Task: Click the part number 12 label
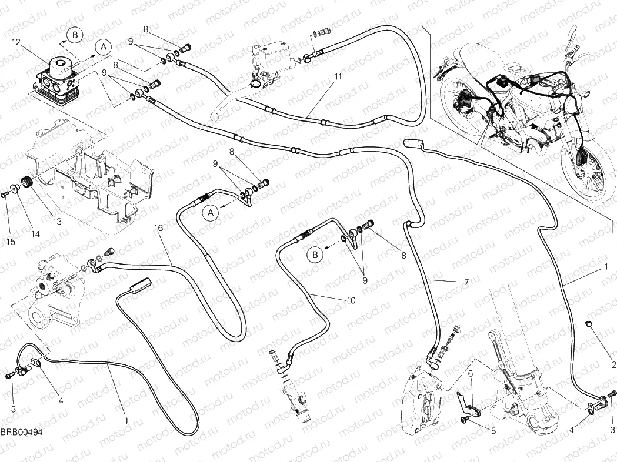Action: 16,42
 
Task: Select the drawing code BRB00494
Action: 21,432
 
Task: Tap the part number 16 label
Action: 158,227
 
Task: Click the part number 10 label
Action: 351,300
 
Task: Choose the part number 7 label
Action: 466,282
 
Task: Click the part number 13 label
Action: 57,221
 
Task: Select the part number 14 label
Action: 35,234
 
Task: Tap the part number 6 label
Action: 471,373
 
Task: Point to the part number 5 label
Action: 493,431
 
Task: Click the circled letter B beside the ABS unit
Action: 74,35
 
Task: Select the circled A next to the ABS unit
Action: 102,46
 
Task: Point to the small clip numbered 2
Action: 588,324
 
